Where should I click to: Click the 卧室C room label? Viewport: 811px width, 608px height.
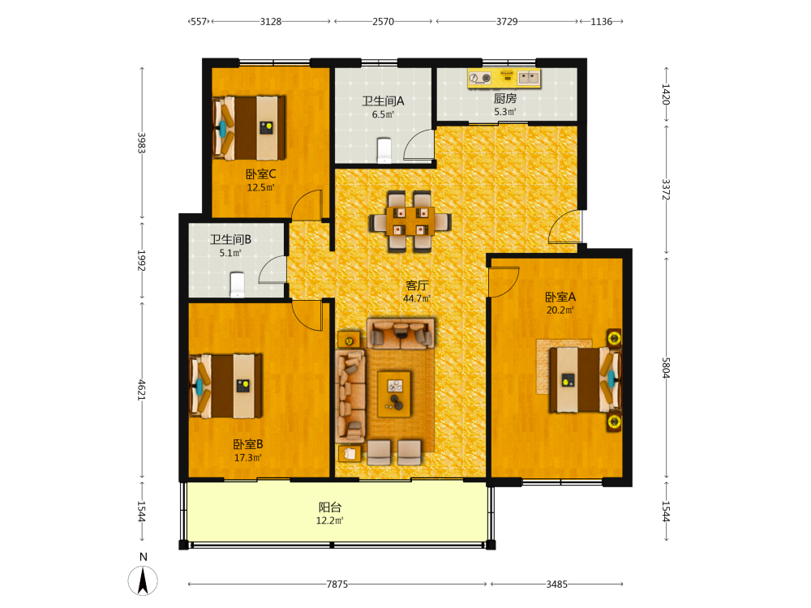(260, 174)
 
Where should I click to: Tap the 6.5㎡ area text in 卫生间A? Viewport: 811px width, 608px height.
(383, 115)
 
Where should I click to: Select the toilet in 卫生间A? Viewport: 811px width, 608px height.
(384, 149)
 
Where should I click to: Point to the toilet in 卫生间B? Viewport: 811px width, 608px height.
(237, 285)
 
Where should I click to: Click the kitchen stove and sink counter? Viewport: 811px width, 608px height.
(504, 78)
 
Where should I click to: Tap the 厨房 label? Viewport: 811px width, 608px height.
(504, 98)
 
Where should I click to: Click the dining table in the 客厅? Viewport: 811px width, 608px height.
(410, 221)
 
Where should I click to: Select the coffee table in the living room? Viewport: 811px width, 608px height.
(395, 394)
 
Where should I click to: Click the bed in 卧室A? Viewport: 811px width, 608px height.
(585, 380)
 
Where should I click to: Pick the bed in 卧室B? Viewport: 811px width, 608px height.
(225, 386)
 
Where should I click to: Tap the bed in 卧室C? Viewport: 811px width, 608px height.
(249, 128)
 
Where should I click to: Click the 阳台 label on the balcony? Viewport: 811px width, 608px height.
(330, 507)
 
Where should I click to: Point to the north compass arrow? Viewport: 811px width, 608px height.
(143, 580)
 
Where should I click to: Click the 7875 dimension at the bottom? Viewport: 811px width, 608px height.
(337, 584)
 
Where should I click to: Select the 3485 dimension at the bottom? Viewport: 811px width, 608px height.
(556, 584)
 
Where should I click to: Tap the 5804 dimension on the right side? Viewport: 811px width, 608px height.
(666, 368)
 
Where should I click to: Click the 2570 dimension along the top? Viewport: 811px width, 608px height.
(384, 22)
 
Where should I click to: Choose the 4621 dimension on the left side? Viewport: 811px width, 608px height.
(142, 390)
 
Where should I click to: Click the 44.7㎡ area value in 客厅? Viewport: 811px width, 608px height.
(417, 299)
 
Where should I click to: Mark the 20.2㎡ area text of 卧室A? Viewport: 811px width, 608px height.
(560, 310)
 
